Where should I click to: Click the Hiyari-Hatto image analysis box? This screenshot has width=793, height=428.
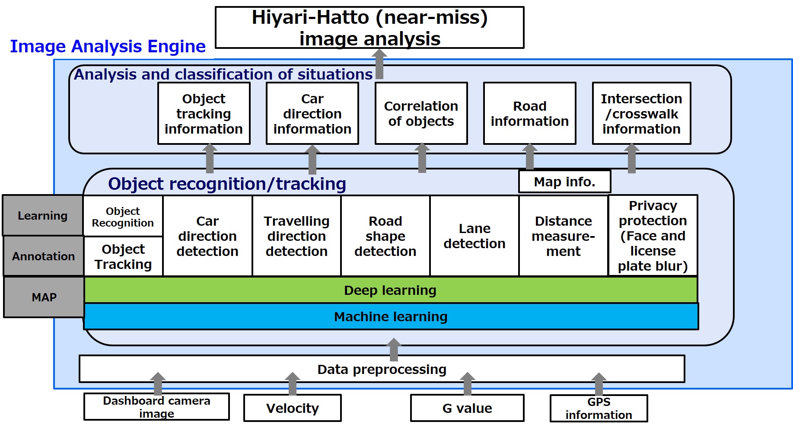coord(369,28)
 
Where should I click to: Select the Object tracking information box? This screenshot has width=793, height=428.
coord(204,114)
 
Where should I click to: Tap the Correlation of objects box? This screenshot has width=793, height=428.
coord(421,114)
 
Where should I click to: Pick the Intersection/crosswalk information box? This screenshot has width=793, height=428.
coord(641,114)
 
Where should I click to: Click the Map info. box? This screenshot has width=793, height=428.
coord(564,182)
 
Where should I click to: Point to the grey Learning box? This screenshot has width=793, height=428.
coord(43,215)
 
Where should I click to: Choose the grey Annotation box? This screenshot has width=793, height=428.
coord(43,256)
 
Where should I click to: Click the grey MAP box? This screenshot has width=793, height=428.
coord(44,297)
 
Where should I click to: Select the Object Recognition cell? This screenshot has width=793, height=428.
coord(123,217)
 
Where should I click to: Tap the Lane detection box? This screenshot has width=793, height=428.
coord(475,236)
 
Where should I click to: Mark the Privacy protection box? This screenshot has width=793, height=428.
coord(653,236)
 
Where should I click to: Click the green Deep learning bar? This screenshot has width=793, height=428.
coord(391,290)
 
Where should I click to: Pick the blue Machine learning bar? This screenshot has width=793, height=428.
coord(391,317)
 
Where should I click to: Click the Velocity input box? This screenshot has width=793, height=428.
coord(293,408)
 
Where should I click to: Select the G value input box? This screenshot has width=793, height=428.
coord(467,408)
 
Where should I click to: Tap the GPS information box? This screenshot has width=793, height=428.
coord(599,409)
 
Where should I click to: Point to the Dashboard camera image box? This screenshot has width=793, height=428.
coord(156,407)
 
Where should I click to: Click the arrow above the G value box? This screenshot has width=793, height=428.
coord(467,383)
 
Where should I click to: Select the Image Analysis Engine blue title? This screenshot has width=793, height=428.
coord(108,46)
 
